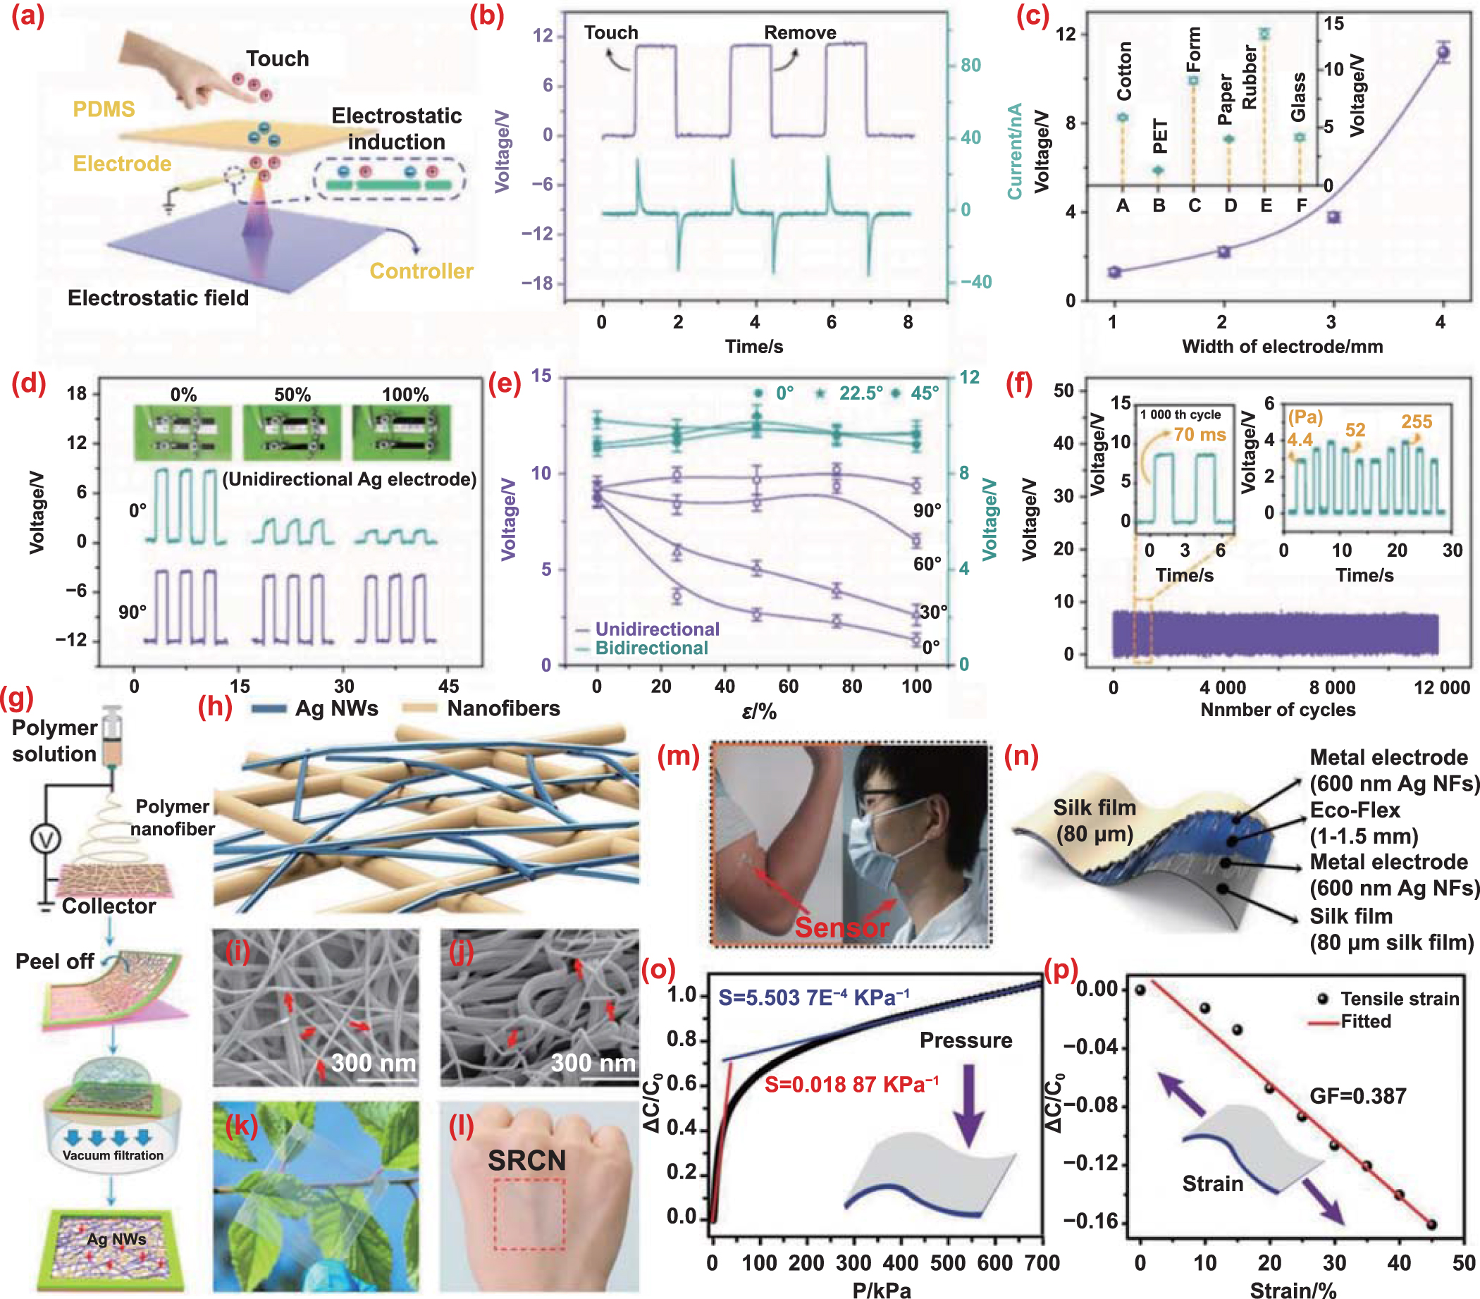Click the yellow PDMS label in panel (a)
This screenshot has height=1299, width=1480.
pos(104,109)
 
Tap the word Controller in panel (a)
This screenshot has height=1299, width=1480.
pos(421,271)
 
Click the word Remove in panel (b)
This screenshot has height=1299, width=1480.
pos(799,32)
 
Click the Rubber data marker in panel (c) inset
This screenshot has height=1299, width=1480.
pos(1264,34)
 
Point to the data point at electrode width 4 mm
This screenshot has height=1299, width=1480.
pos(1443,52)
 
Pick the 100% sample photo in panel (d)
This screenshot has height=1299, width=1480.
pos(401,432)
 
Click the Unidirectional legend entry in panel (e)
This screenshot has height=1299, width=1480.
pos(656,629)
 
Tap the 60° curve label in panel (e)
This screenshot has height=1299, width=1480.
pos(927,563)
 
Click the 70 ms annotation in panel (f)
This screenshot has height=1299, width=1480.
pos(1199,434)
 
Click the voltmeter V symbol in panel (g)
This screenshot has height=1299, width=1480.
pos(46,839)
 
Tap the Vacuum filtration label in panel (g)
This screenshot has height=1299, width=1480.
pos(113,1155)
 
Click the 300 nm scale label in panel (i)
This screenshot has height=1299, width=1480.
pos(373,1062)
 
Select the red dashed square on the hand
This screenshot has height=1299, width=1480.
pos(529,1214)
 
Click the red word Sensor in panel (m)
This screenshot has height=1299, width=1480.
pos(841,927)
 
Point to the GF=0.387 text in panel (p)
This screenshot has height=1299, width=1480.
pos(1357,1095)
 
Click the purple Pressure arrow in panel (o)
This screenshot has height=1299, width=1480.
pos(968,1106)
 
